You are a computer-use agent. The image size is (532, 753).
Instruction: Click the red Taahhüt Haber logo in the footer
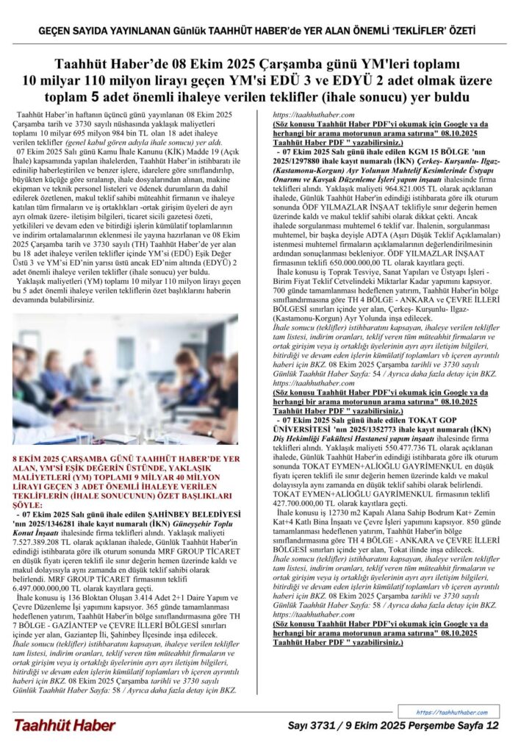64,726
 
